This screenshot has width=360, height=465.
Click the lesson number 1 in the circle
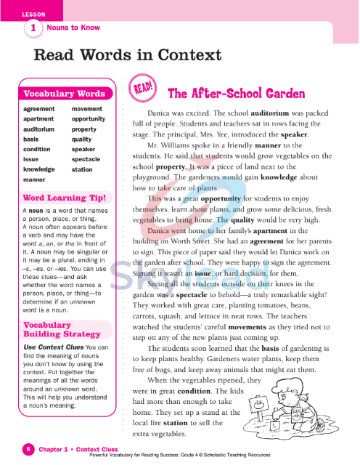click(x=33, y=28)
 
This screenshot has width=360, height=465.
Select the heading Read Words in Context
click(x=128, y=56)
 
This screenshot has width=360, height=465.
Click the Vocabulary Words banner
click(x=65, y=94)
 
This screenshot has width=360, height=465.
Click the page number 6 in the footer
click(x=28, y=449)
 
